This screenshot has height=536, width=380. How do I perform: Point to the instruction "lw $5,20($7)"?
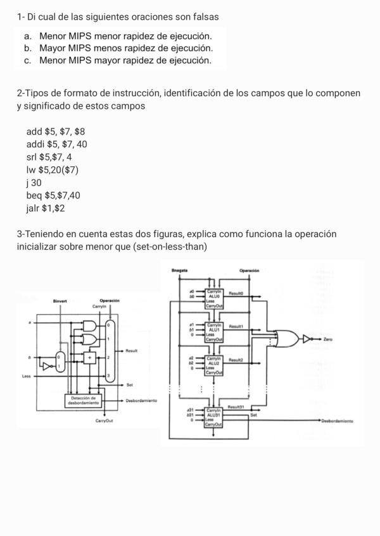(x=53, y=169)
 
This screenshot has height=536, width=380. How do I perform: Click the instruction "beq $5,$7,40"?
(x=53, y=195)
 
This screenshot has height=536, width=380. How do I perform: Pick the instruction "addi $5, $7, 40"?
(x=57, y=144)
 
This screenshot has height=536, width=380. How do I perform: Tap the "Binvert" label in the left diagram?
(x=60, y=301)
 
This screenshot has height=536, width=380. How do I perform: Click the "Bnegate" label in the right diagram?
(x=179, y=271)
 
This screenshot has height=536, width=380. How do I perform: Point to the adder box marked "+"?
(x=89, y=357)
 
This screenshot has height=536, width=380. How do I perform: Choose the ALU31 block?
(x=213, y=415)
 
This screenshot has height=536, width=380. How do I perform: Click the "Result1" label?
(x=236, y=326)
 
